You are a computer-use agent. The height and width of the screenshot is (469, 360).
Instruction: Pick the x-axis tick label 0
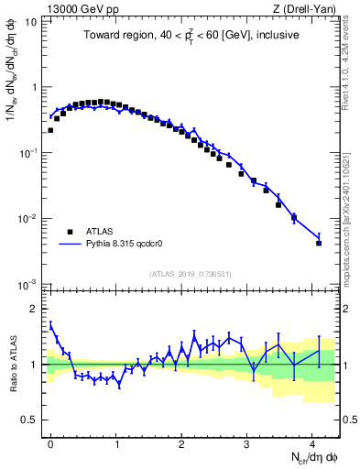point(50,442)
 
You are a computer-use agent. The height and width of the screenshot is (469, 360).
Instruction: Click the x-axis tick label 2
point(181,442)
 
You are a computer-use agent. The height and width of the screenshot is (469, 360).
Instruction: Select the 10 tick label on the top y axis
point(30,22)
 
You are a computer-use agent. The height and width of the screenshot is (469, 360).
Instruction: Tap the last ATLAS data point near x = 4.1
point(319,243)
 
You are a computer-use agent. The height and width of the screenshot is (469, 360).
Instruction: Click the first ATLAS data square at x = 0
point(50,130)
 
